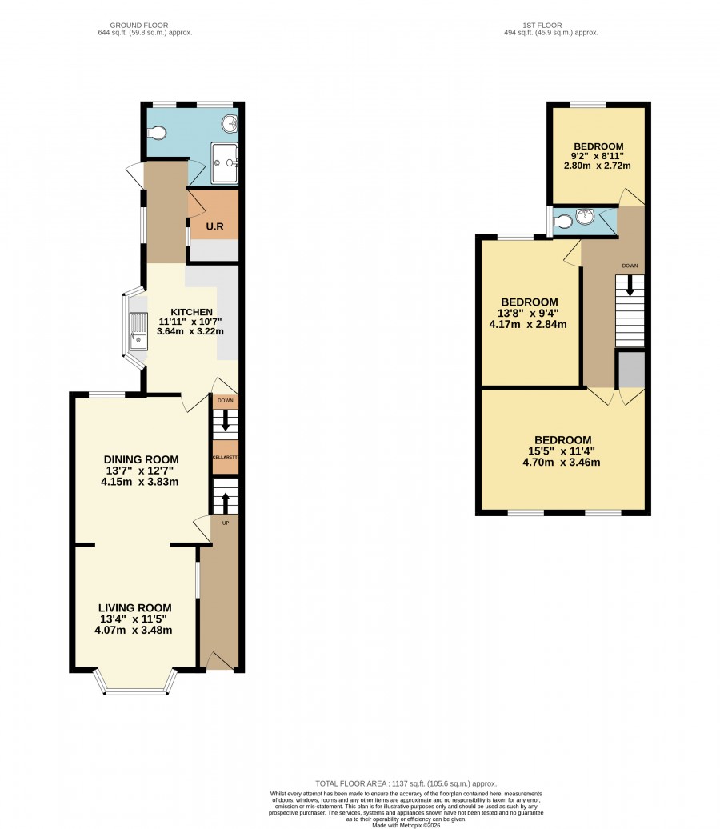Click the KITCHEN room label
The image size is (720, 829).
coord(191,312)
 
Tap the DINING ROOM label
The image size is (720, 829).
coord(141,459)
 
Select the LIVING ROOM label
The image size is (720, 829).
coord(135,608)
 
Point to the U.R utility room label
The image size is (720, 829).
coord(214,226)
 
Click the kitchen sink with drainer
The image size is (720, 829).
coord(138,331)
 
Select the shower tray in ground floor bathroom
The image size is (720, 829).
coord(224,163)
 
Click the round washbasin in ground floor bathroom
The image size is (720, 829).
coord(230,124)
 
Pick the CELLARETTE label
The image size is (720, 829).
coord(226,457)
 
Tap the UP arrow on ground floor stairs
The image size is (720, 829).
coord(225,503)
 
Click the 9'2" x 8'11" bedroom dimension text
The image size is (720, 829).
coord(598,156)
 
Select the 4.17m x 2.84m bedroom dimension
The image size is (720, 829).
coord(528,324)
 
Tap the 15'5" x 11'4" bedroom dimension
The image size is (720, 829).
coord(562,451)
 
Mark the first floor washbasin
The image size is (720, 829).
coord(586,216)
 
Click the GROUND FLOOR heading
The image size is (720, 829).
coord(139,25)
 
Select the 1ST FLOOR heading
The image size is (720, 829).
coord(542,25)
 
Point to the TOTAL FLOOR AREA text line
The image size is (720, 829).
coord(406,783)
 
